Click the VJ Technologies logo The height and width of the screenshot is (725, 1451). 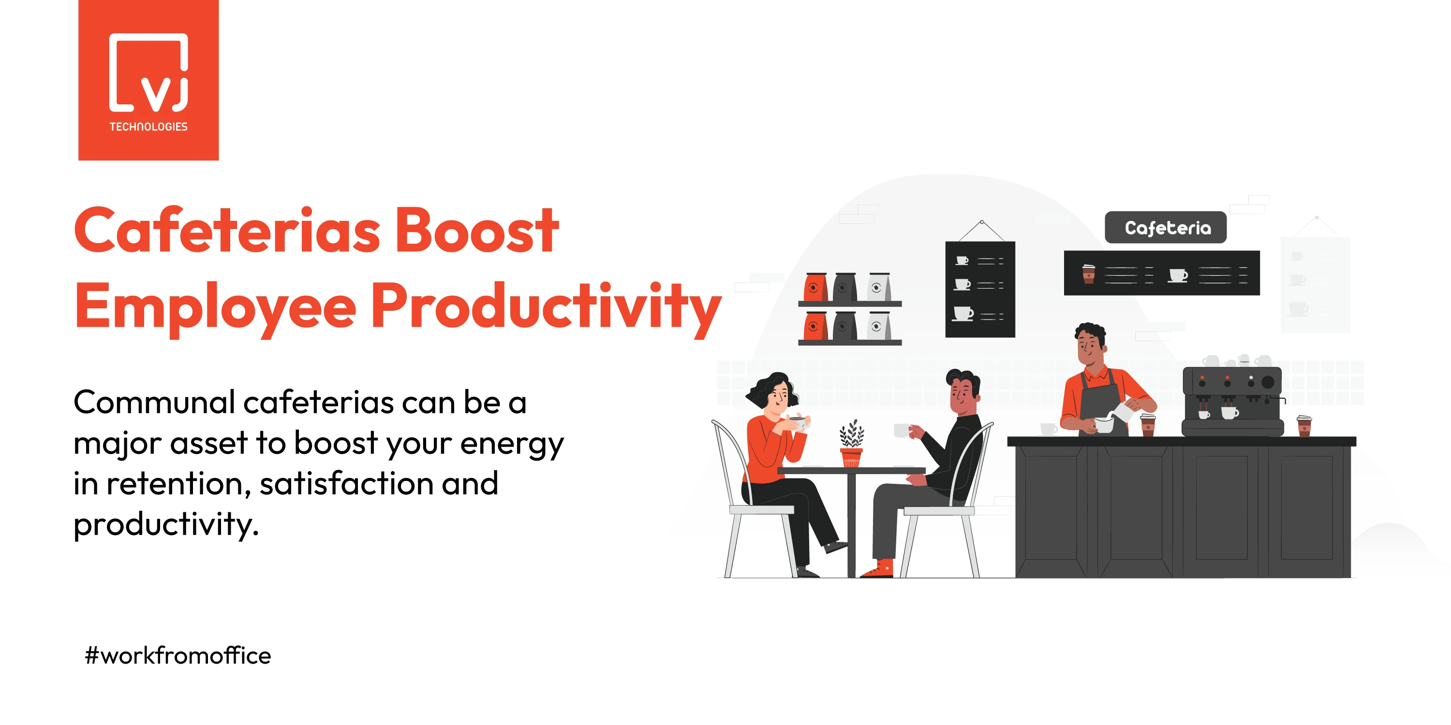(x=148, y=80)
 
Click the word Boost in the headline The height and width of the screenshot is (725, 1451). (x=476, y=231)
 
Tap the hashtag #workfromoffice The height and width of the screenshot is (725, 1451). (x=178, y=655)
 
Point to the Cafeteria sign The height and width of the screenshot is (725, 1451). (x=1166, y=227)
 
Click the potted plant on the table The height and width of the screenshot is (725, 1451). (x=851, y=444)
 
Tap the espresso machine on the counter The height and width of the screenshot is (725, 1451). (x=1232, y=401)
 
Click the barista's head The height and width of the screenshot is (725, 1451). (x=1090, y=345)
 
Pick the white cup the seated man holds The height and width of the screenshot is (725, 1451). (x=903, y=431)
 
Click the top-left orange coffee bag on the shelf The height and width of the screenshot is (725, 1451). (x=815, y=287)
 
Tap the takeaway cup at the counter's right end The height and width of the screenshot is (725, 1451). (x=1304, y=426)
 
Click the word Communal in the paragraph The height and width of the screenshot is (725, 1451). (x=154, y=403)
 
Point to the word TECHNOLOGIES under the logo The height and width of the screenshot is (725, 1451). (x=148, y=127)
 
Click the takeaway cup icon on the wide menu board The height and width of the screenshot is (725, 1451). (x=1089, y=274)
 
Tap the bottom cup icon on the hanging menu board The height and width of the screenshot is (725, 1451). (x=963, y=314)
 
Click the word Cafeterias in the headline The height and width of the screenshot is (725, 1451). (x=227, y=231)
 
